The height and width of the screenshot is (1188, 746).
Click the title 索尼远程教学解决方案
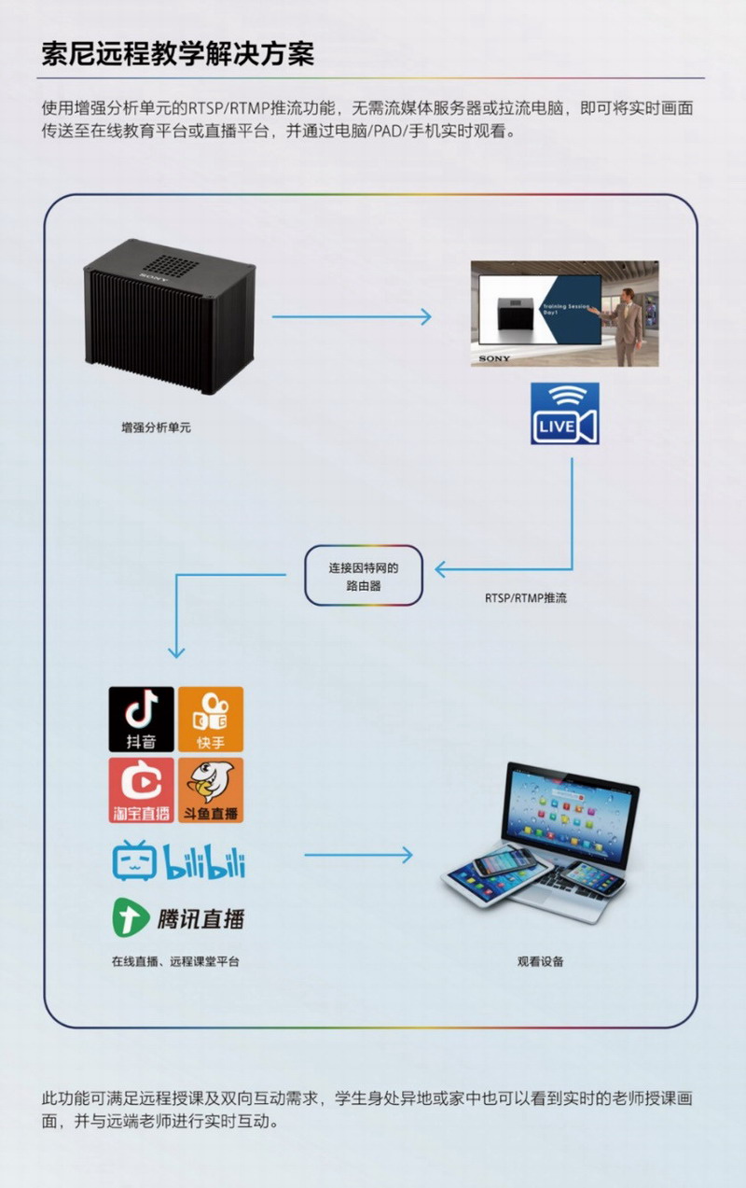(177, 53)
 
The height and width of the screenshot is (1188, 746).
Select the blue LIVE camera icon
(565, 413)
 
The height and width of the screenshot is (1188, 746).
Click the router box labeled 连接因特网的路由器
(363, 576)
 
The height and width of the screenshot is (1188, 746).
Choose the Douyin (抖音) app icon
(142, 720)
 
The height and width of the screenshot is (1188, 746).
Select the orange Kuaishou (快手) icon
(211, 720)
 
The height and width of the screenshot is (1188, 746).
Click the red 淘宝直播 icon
(142, 790)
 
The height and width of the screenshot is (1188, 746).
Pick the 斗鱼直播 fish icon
(211, 790)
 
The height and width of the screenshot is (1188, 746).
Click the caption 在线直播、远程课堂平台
(175, 961)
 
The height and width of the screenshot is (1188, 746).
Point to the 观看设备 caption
(541, 961)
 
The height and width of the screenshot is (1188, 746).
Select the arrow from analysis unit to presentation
(352, 317)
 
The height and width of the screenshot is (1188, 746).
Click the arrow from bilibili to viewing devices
(358, 854)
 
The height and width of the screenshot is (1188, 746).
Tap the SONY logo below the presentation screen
(494, 358)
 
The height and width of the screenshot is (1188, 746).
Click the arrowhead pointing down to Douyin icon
(176, 652)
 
